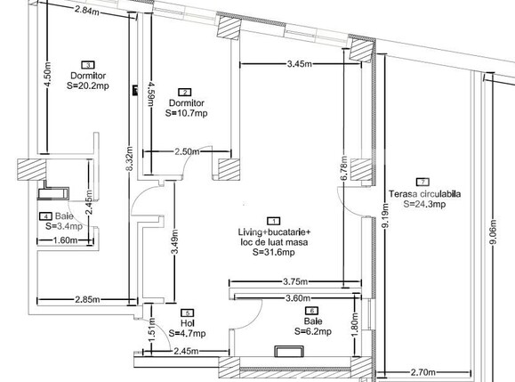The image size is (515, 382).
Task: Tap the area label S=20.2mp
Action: pos(88,86)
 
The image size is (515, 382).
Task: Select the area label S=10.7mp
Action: pos(186,113)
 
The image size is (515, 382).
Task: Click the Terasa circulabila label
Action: pos(424,194)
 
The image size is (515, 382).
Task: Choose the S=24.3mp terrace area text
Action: pos(423,204)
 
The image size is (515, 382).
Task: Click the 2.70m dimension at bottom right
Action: pos(421,372)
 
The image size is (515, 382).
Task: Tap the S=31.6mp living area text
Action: pos(274,252)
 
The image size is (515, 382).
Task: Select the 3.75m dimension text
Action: pos(296,283)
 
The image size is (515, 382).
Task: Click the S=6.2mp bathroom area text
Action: pos(313,331)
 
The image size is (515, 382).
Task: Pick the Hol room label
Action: pos(186,324)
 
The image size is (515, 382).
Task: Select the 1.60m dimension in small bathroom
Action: pos(65,240)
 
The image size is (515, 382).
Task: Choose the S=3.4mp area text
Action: pos(64,227)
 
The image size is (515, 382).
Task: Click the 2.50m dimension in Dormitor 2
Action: pos(188,152)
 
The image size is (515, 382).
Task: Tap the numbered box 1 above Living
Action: pos(275,220)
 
